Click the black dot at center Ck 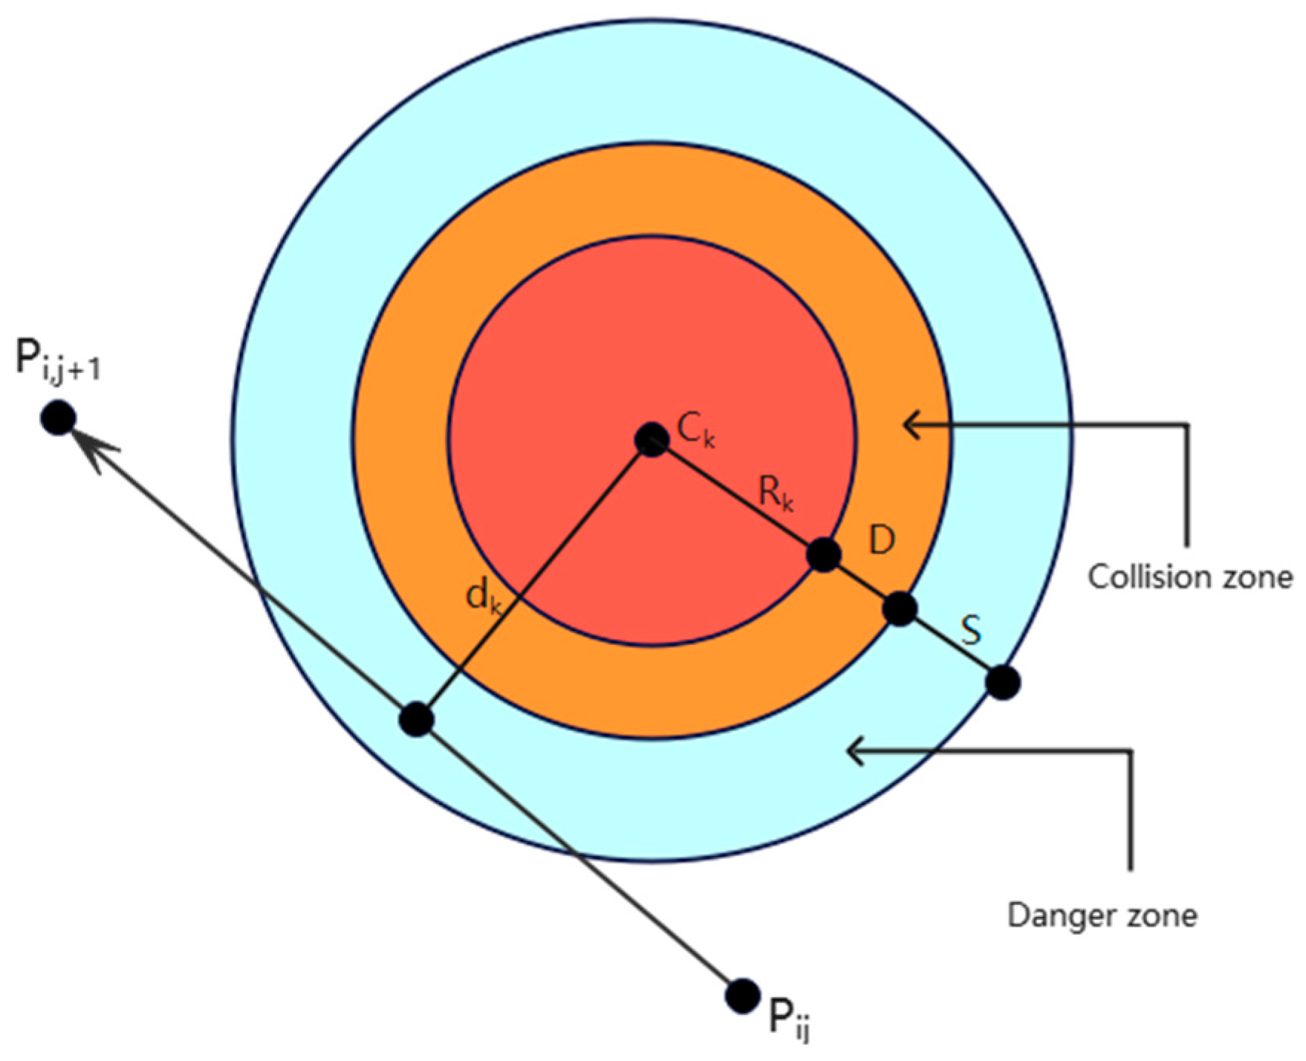coord(652,440)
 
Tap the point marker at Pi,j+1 coord(58,418)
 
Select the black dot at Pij coord(741,996)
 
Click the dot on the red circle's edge coord(823,554)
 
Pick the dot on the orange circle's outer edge coord(900,609)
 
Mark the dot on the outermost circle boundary coord(1003,682)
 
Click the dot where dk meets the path coord(416,718)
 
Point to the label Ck coord(696,430)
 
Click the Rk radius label coord(776,493)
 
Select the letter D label coord(882,540)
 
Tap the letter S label coord(971,629)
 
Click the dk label coord(484,597)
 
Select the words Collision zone coord(1190,577)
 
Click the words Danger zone coord(1102,915)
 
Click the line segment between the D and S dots coord(862,582)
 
